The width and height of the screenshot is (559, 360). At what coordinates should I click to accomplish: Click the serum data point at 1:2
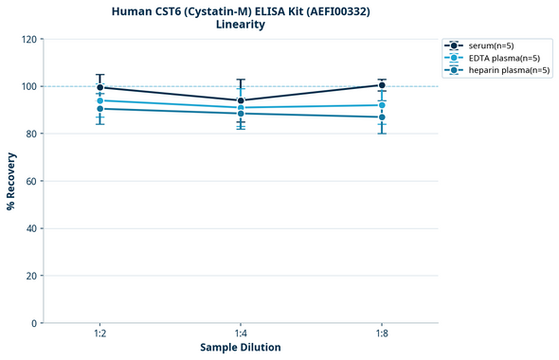coord(99,87)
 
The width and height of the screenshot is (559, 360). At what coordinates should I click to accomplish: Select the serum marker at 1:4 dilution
coord(241,100)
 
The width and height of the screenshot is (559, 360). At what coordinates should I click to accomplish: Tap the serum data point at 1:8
coord(382,85)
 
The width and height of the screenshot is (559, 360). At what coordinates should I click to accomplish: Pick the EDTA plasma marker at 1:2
coord(99,100)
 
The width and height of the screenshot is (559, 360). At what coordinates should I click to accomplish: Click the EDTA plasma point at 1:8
coord(382,105)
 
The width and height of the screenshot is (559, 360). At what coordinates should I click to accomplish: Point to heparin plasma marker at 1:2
coord(99,109)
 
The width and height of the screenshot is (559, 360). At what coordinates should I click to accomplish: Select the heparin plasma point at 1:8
coord(382,117)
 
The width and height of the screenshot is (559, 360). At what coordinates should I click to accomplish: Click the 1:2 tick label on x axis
coord(99,333)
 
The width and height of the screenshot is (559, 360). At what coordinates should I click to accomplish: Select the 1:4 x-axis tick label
coord(241,333)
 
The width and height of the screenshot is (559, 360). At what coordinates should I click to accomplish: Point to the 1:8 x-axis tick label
coord(382,333)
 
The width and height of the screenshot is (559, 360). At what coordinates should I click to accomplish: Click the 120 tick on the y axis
coord(28,39)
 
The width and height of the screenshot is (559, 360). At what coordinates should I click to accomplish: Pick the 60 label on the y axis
coord(31,181)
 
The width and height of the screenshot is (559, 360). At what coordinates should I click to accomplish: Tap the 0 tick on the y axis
coord(34,323)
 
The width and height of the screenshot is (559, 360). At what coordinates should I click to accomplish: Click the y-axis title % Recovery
coord(11,180)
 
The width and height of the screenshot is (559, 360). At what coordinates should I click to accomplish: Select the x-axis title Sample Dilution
coord(241,348)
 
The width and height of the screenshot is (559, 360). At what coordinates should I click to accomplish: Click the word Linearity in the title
coord(241,25)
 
